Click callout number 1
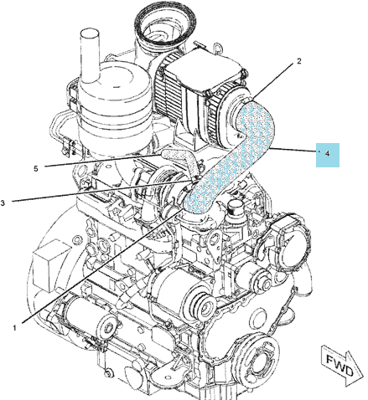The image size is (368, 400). pyautogui.click(x=14, y=328)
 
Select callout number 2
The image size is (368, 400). pyautogui.click(x=299, y=61)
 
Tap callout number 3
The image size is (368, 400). pyautogui.click(x=3, y=203)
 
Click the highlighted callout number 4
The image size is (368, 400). pyautogui.click(x=328, y=155)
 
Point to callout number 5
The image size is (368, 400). pyautogui.click(x=35, y=168)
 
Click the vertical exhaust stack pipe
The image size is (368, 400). pyautogui.click(x=90, y=56)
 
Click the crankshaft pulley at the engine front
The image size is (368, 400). pyautogui.click(x=257, y=358)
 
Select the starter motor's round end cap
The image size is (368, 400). pyautogui.click(x=108, y=328)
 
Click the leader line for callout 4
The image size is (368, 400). pyautogui.click(x=293, y=150)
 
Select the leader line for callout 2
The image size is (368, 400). pyautogui.click(x=273, y=82)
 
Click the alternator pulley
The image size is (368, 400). pyautogui.click(x=205, y=303)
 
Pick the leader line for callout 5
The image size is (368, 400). pyautogui.click(x=103, y=161)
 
